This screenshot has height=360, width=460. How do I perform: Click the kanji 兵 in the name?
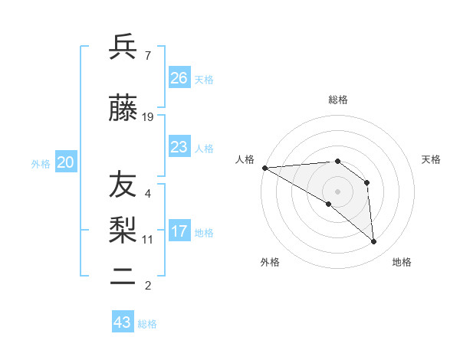pos(123,47)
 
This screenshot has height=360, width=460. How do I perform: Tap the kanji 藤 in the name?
pos(123,110)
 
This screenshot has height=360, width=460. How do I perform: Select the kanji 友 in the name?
pos(123,185)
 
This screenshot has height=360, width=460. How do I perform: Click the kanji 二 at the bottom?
pos(123,277)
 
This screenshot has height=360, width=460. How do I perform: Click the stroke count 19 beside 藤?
pos(148,117)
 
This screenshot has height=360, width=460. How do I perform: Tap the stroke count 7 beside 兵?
pos(147,55)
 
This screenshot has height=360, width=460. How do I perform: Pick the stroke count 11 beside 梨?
pos(148,239)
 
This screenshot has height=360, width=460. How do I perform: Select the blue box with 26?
pos(179,78)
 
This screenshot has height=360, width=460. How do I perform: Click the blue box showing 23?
pos(179,147)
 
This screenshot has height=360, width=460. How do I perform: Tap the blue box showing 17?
pos(179,231)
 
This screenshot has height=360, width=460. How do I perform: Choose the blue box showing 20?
pos(66,162)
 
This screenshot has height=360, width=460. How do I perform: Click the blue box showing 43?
pos(123,322)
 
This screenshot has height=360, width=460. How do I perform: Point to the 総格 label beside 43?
pos(147,324)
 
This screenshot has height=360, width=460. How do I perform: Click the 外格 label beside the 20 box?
pos(41,163)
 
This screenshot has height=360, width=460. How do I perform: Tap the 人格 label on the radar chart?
pos(245,159)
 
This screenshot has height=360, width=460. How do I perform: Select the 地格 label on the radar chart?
pos(402,262)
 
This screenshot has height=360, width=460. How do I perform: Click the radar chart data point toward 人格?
pos(264,168)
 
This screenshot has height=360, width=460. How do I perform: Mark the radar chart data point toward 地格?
pos(373,241)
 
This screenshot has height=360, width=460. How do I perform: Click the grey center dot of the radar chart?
pos(337,191)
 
